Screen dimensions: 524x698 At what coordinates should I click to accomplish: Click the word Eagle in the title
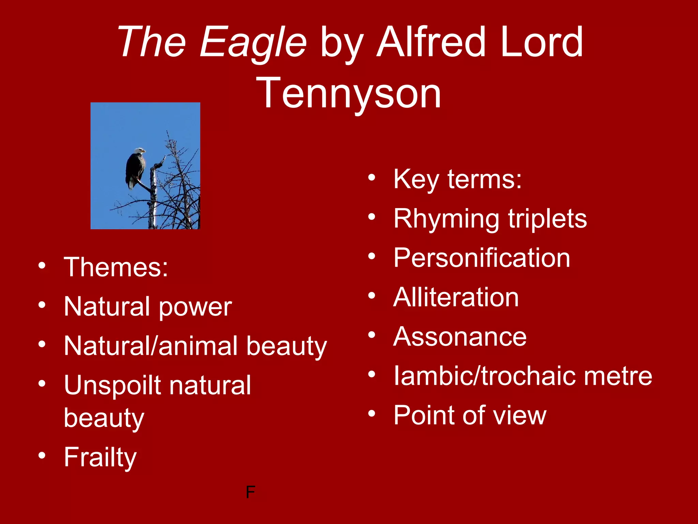coord(253,43)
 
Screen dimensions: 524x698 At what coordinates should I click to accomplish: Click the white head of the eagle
coord(139,150)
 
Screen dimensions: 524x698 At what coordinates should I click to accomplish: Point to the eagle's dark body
coord(135,169)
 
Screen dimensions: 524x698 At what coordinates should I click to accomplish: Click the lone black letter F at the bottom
coord(250,492)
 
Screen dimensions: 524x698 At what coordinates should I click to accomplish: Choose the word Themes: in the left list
coord(116,267)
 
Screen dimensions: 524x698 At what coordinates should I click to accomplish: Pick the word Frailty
coord(100,457)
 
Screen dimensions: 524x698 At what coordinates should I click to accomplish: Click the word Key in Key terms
coord(416,179)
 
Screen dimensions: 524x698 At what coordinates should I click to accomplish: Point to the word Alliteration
coord(456,297)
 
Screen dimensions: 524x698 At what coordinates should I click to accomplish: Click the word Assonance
coord(460,337)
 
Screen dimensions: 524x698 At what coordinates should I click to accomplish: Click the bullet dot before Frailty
coord(42,455)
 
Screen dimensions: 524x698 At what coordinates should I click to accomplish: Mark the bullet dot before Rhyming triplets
coord(371,217)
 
